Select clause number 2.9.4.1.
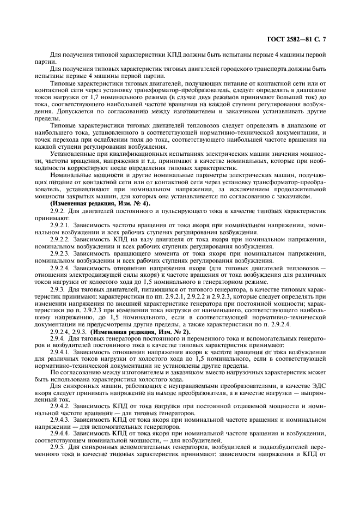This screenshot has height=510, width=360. coord(60,351)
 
